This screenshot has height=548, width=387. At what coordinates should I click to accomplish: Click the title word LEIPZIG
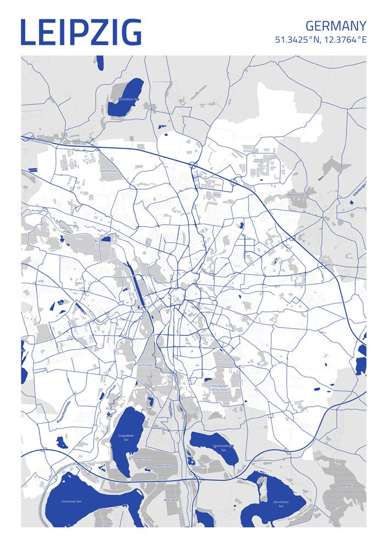(x=81, y=32)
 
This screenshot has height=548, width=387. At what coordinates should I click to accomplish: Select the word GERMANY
(x=335, y=26)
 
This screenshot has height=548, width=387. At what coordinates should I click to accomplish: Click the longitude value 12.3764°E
(x=345, y=40)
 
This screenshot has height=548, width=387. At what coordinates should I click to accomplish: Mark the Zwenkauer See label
(x=71, y=501)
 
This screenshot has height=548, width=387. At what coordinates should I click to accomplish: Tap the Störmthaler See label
(x=280, y=504)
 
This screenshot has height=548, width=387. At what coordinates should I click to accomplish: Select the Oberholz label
(x=345, y=486)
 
